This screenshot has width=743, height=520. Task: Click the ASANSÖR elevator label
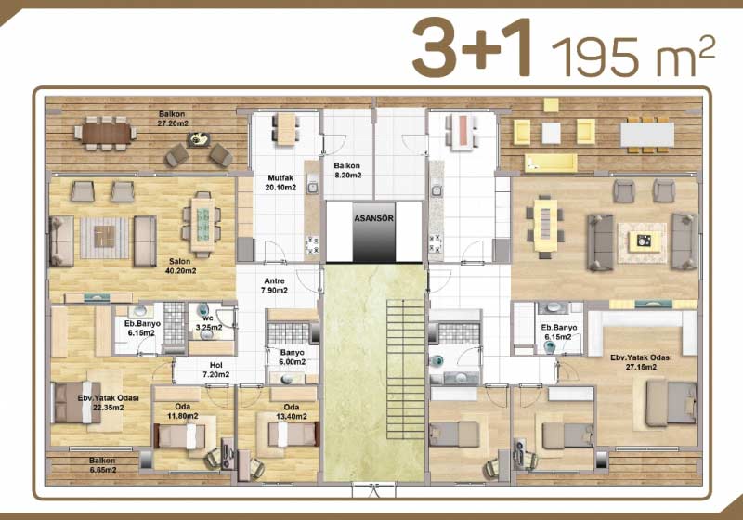click(374, 219)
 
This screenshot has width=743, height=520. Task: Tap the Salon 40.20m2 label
click(180, 266)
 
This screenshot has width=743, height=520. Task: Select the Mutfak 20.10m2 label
click(280, 183)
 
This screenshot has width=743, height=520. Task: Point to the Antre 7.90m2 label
click(274, 286)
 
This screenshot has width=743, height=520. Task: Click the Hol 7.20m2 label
click(216, 370)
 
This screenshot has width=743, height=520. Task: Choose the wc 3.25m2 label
click(208, 323)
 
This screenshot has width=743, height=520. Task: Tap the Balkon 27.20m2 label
click(172, 119)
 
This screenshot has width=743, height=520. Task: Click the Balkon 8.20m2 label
click(347, 171)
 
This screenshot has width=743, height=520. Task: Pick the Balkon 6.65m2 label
click(102, 465)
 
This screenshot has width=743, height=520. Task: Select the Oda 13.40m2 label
click(292, 412)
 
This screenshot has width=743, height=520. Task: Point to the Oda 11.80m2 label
click(183, 411)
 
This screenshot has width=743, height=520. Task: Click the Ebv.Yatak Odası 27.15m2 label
click(641, 362)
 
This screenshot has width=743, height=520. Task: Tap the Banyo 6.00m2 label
click(292, 357)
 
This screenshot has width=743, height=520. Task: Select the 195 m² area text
click(633, 57)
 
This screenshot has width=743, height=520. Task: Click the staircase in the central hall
click(406, 370)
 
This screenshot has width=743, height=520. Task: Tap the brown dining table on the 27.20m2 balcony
click(106, 133)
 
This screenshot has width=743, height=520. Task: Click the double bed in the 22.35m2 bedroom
click(77, 402)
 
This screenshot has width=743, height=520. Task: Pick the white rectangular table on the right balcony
click(647, 135)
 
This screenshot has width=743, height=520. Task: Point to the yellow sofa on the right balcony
click(551, 162)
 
